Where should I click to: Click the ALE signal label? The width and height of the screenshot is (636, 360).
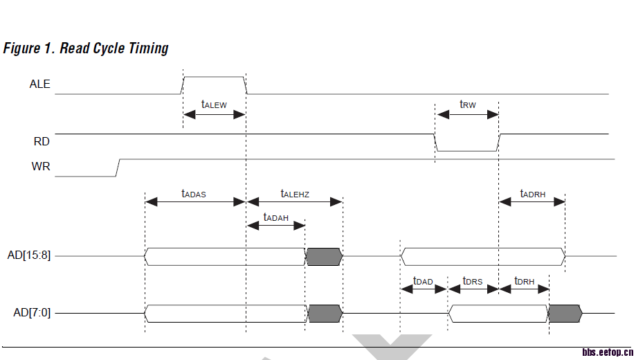(39, 84)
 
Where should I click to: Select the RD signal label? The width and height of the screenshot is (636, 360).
(42, 141)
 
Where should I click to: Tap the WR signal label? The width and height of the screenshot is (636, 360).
(41, 167)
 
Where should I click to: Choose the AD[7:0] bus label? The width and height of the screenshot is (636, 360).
(32, 313)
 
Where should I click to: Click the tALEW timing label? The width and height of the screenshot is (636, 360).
(214, 105)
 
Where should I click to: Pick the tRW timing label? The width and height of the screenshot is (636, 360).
(468, 105)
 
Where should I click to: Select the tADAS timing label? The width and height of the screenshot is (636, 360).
(194, 194)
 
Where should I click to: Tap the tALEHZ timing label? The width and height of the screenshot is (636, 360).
(295, 194)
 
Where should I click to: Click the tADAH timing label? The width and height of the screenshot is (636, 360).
(276, 217)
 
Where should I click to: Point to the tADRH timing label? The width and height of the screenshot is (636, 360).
(533, 194)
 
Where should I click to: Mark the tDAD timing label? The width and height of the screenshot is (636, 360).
(423, 281)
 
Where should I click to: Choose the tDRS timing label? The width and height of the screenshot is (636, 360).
(473, 281)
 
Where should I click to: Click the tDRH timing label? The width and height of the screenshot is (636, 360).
(524, 281)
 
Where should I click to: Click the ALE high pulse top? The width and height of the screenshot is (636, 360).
(214, 77)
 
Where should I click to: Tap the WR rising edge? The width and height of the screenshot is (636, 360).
(118, 167)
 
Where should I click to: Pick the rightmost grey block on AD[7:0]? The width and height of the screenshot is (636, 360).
(565, 314)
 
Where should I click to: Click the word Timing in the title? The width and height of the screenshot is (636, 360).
(148, 48)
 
